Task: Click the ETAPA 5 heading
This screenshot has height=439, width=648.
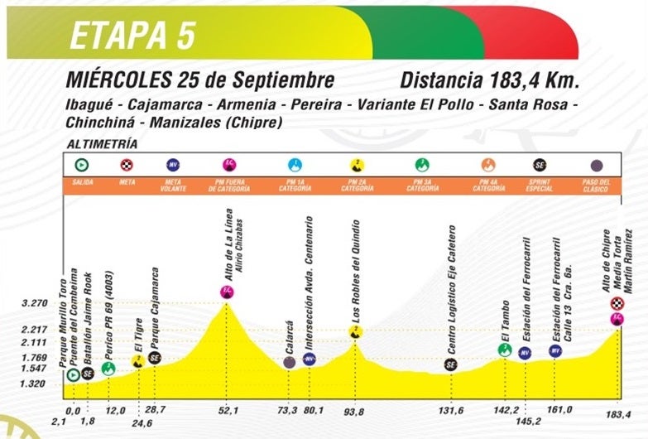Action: [132, 36]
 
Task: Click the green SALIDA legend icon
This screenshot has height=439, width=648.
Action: [82, 164]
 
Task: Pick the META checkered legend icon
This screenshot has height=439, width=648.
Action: [127, 164]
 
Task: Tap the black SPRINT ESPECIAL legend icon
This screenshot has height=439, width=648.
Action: [540, 164]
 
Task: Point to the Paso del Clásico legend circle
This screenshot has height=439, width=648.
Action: [597, 164]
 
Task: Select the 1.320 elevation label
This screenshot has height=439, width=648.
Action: [33, 384]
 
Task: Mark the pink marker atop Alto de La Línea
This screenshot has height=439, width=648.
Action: [227, 291]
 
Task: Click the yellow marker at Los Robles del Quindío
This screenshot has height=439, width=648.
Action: [355, 331]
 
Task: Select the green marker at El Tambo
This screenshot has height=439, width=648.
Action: [504, 350]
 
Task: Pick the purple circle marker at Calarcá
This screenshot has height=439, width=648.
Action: [289, 362]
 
